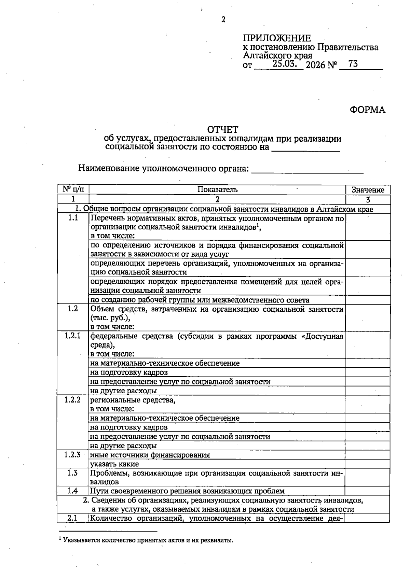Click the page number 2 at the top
(223, 20)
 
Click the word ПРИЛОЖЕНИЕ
(277, 38)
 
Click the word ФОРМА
(367, 110)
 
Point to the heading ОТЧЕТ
(223, 130)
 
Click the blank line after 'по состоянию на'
(305, 148)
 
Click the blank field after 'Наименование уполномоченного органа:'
(307, 169)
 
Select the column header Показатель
(217, 190)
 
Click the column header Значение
(368, 190)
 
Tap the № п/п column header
(73, 189)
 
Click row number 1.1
(73, 218)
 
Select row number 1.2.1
(73, 336)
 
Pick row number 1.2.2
(73, 400)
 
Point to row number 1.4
(73, 491)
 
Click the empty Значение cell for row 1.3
(367, 477)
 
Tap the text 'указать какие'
(114, 464)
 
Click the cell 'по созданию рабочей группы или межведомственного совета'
(200, 300)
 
